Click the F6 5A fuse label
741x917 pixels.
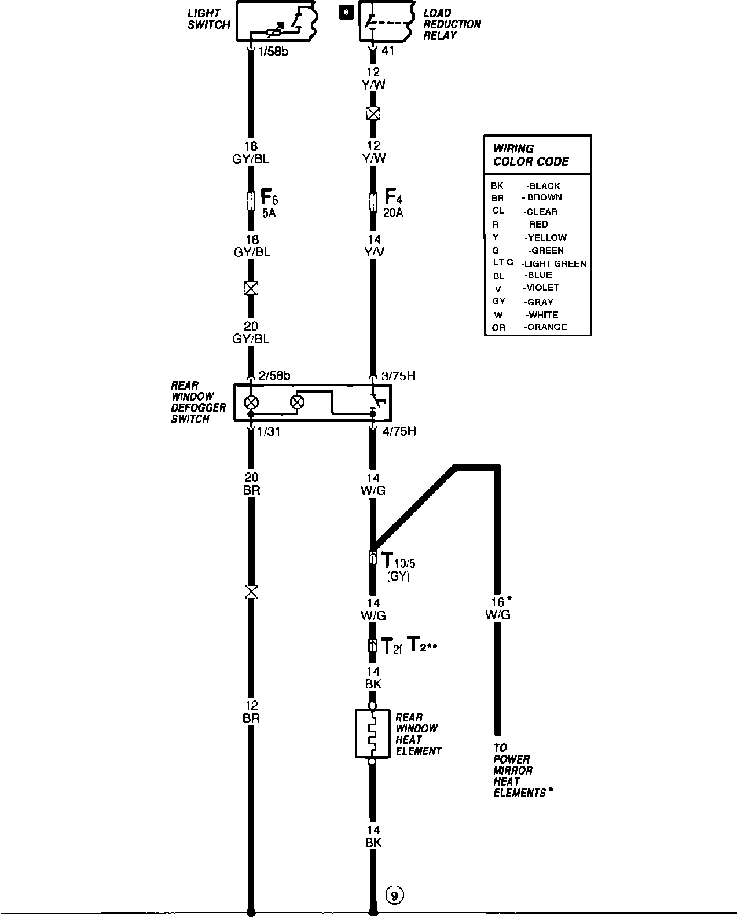point(269,202)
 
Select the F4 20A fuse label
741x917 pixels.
point(393,202)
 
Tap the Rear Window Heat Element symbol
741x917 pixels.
point(372,733)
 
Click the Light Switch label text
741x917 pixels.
point(208,19)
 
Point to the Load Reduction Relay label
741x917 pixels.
point(452,24)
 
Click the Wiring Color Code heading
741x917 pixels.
point(530,155)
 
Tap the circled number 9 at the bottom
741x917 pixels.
point(394,896)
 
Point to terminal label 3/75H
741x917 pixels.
point(398,376)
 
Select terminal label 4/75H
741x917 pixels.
point(398,431)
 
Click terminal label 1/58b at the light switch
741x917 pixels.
point(273,51)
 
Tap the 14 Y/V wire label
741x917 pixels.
point(373,246)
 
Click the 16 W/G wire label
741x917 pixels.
point(498,608)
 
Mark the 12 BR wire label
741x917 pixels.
point(251,712)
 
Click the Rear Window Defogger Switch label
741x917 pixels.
point(199,402)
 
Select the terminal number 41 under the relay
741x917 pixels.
point(388,51)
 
